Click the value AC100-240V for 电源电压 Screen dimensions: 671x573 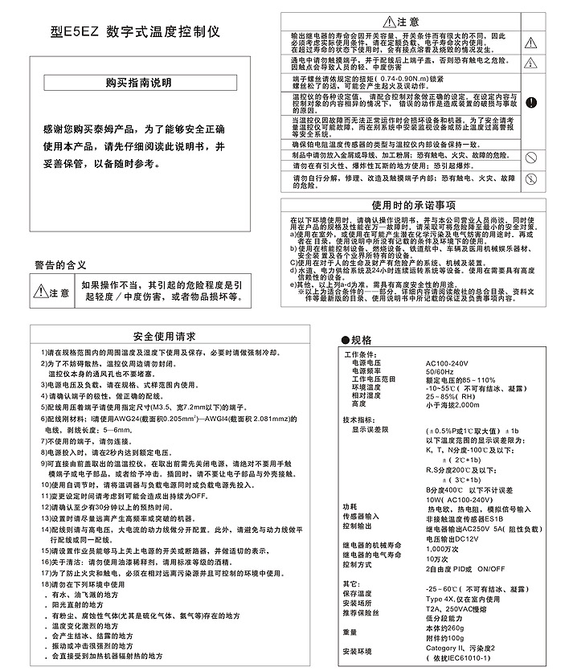451,363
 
